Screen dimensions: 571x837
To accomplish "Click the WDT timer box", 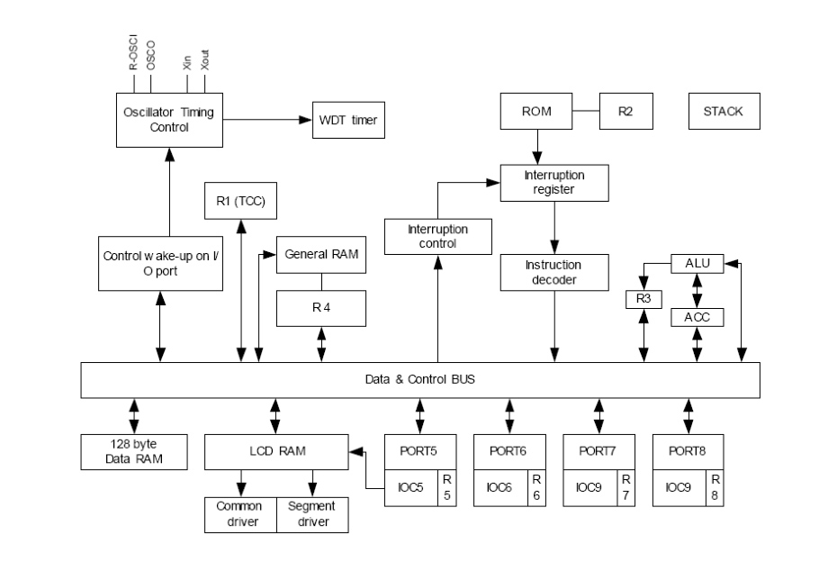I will point(347,119).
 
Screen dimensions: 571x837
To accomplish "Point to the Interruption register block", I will point(554,183).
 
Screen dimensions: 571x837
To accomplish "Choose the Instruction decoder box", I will point(553,272).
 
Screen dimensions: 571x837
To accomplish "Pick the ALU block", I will point(697,264).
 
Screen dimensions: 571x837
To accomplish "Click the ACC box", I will point(697,316).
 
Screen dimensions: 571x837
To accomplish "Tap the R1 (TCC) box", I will point(240,201).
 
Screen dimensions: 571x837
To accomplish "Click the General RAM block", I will point(321,254).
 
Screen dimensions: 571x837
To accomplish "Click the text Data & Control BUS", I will point(419,379).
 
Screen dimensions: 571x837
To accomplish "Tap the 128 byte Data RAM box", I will point(134,452).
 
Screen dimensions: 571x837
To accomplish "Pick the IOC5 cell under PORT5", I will point(411,486).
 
